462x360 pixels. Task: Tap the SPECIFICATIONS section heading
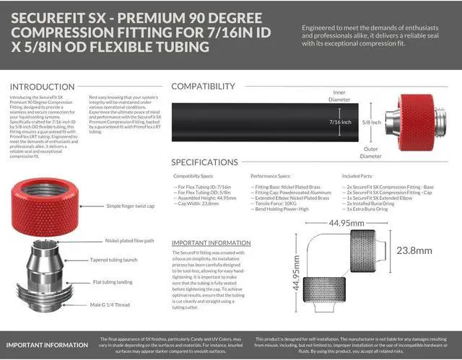click(x=214, y=162)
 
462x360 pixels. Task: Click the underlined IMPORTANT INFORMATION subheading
click(x=211, y=243)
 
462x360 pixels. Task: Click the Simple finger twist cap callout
click(x=134, y=206)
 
